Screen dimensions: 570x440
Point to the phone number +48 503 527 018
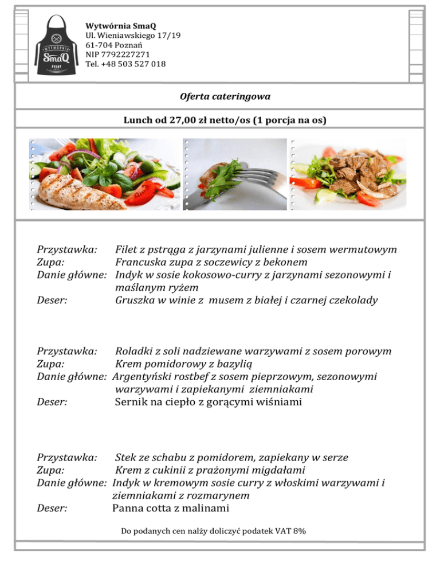(x=134, y=64)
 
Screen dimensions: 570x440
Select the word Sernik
(x=131, y=402)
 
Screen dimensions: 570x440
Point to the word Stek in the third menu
(x=126, y=458)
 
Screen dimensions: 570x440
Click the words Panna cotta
(x=143, y=508)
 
